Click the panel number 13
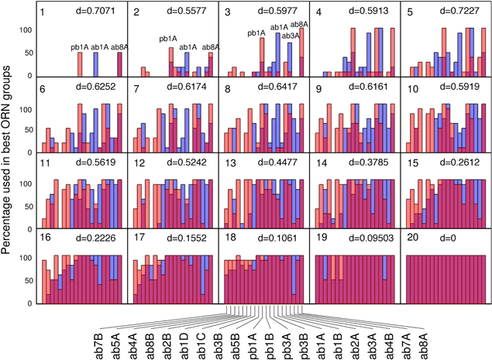tap(232, 163)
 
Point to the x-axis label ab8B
tap(149, 341)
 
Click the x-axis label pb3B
tap(303, 341)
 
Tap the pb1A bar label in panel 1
tap(80, 47)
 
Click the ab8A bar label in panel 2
tap(212, 47)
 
